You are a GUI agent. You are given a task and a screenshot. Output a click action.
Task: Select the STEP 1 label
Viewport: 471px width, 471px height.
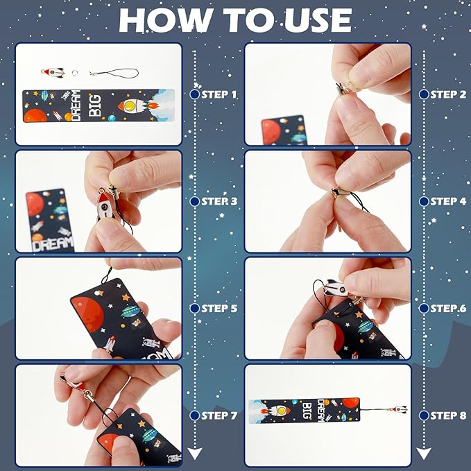click(x=219, y=94)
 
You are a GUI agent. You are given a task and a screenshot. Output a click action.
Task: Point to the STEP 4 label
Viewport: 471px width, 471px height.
click(x=448, y=201)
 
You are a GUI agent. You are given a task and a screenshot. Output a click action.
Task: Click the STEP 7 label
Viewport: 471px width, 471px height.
click(x=219, y=416)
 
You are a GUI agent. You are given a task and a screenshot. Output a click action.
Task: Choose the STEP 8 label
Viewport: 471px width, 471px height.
click(x=448, y=416)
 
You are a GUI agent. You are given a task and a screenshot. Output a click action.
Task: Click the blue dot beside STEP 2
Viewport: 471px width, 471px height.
click(x=423, y=94)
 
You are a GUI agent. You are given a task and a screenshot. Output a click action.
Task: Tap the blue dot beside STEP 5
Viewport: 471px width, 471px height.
click(x=195, y=308)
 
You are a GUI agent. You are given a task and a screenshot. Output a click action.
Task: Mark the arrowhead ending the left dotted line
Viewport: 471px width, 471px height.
click(x=195, y=454)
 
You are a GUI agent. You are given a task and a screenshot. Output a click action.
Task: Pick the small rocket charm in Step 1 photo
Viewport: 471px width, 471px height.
click(x=51, y=71)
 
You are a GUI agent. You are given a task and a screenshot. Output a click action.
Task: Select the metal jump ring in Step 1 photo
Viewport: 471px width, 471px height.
click(x=93, y=72)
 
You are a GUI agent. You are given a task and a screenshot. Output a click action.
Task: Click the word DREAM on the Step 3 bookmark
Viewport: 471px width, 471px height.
click(x=52, y=244)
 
